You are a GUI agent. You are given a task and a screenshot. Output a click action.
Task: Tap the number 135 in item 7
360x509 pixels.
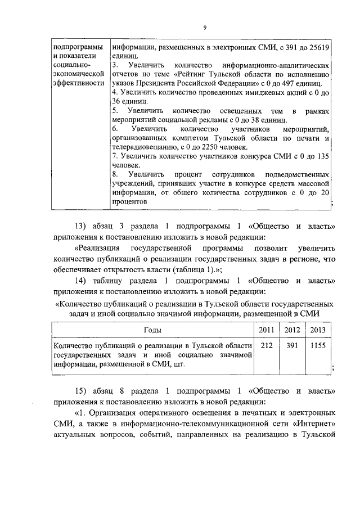pyautogui.click(x=322, y=157)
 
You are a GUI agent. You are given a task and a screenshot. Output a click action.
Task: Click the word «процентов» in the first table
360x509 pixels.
pyautogui.click(x=130, y=201)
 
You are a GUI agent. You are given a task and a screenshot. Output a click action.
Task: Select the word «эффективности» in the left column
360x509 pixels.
pyautogui.click(x=78, y=84)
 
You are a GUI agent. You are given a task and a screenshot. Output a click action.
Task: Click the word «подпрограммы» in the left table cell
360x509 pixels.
pyautogui.click(x=76, y=48)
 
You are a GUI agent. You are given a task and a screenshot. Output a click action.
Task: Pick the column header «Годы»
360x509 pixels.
pyautogui.click(x=153, y=330)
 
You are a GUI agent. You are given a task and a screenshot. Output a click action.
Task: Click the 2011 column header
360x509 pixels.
pyautogui.click(x=266, y=330)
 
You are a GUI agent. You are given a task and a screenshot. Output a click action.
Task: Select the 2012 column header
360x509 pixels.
pyautogui.click(x=292, y=330)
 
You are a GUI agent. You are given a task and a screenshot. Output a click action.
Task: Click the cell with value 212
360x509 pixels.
pyautogui.click(x=266, y=346)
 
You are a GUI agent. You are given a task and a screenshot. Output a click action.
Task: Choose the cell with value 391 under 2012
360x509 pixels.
pyautogui.click(x=292, y=346)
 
